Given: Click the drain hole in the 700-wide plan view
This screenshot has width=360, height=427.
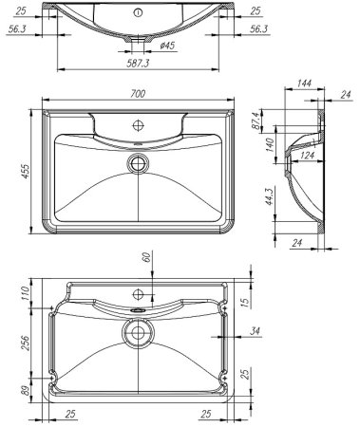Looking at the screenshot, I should [140, 162].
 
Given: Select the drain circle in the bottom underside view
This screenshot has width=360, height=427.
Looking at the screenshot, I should [140, 332].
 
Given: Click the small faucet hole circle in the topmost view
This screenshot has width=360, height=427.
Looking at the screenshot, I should [139, 12].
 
